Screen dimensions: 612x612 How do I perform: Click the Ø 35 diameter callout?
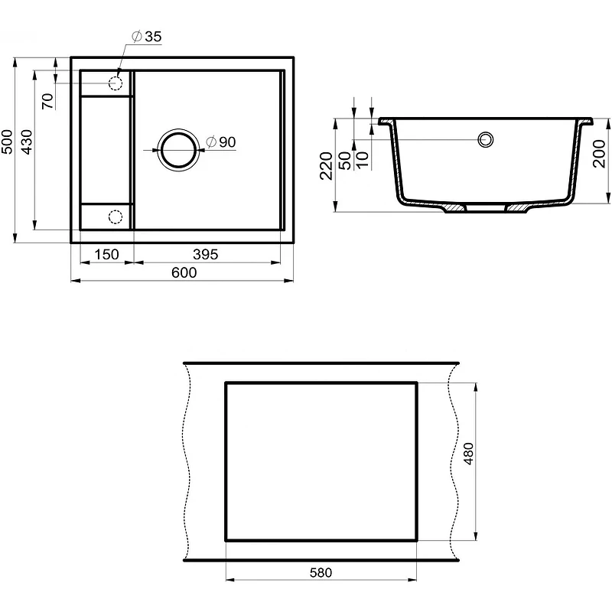[x=146, y=36]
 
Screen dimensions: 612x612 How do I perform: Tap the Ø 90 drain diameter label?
[x=221, y=142]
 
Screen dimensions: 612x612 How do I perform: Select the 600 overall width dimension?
[x=184, y=272]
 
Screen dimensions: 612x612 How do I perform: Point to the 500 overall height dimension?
[x=7, y=142]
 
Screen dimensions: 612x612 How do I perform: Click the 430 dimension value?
[x=27, y=142]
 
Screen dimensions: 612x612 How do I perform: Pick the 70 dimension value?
[x=47, y=101]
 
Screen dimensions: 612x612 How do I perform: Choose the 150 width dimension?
[x=106, y=255]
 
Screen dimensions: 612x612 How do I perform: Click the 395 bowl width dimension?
[x=205, y=255]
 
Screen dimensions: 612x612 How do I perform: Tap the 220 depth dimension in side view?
[x=326, y=166]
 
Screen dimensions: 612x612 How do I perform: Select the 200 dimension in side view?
[x=599, y=154]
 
